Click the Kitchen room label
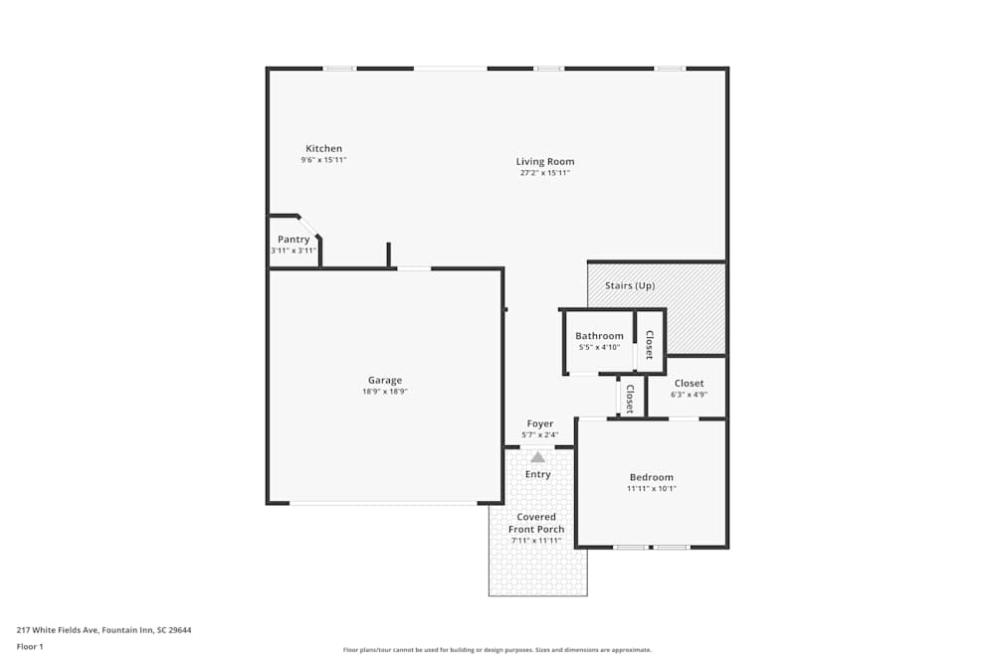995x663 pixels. pos(323,149)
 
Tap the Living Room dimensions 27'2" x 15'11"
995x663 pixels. pos(544,173)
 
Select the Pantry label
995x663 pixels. pos(294,240)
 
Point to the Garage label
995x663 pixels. pos(385,380)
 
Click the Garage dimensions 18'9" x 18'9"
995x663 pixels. pos(385,392)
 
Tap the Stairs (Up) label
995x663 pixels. pos(630,286)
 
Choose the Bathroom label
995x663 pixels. pos(599,336)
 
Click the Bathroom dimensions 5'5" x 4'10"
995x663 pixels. pos(599,347)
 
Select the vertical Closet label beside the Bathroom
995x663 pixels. pos(650,344)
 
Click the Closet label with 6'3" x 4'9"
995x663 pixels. pos(689,384)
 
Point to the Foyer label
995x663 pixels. pos(540,423)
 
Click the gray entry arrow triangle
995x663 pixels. pos(538,457)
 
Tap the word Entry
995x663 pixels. pos(538,474)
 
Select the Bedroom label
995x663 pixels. pos(652,477)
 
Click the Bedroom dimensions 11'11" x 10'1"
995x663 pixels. pos(652,489)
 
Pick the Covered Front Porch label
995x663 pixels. pos(536,523)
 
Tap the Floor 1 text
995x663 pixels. pos(30,646)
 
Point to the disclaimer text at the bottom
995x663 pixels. pos(497,650)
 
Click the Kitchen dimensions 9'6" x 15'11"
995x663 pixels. pos(323,160)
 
